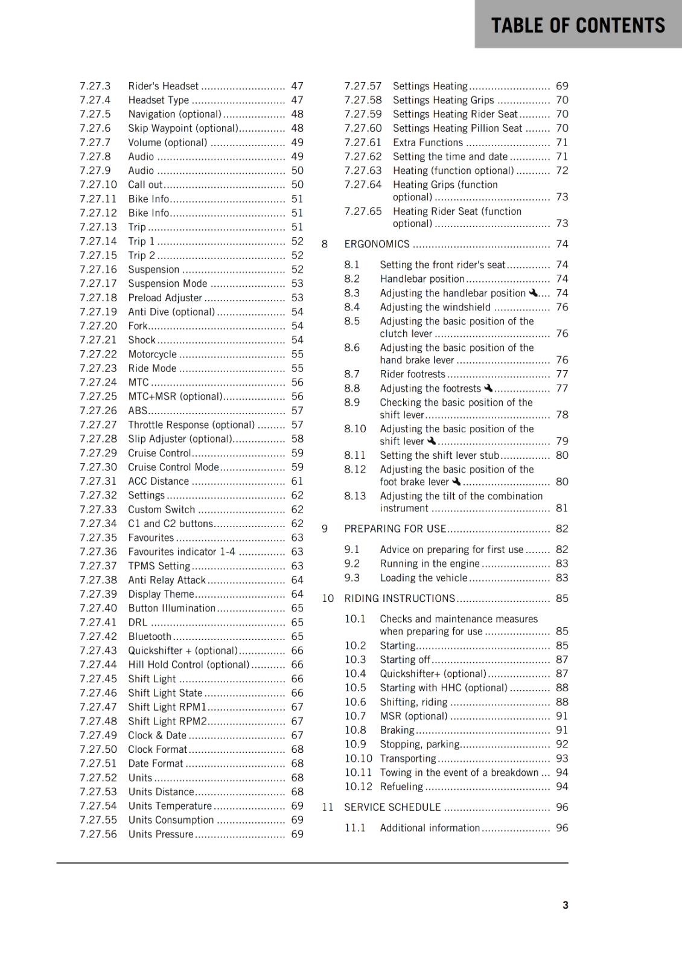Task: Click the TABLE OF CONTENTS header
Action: [x=578, y=25]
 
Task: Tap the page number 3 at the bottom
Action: [x=565, y=905]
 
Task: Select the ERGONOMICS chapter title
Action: [x=377, y=244]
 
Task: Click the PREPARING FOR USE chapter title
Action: [x=395, y=528]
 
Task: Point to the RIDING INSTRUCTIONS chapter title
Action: [x=400, y=598]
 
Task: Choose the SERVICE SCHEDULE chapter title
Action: [x=392, y=807]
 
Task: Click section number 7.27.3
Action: [x=95, y=86]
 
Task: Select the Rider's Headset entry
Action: [x=163, y=86]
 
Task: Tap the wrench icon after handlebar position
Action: [x=533, y=293]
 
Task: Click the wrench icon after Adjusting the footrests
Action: [x=488, y=388]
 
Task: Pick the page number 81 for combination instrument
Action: [x=562, y=508]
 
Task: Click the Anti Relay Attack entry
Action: [x=167, y=580]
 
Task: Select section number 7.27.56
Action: [x=98, y=834]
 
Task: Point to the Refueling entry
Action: [x=401, y=786]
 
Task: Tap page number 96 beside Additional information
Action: [x=562, y=828]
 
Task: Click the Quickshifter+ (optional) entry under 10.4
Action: [x=433, y=673]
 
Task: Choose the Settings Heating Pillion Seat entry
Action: [x=457, y=128]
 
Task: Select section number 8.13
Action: [x=355, y=496]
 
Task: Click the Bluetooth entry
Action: [x=150, y=636]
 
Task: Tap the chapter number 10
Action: [x=327, y=598]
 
